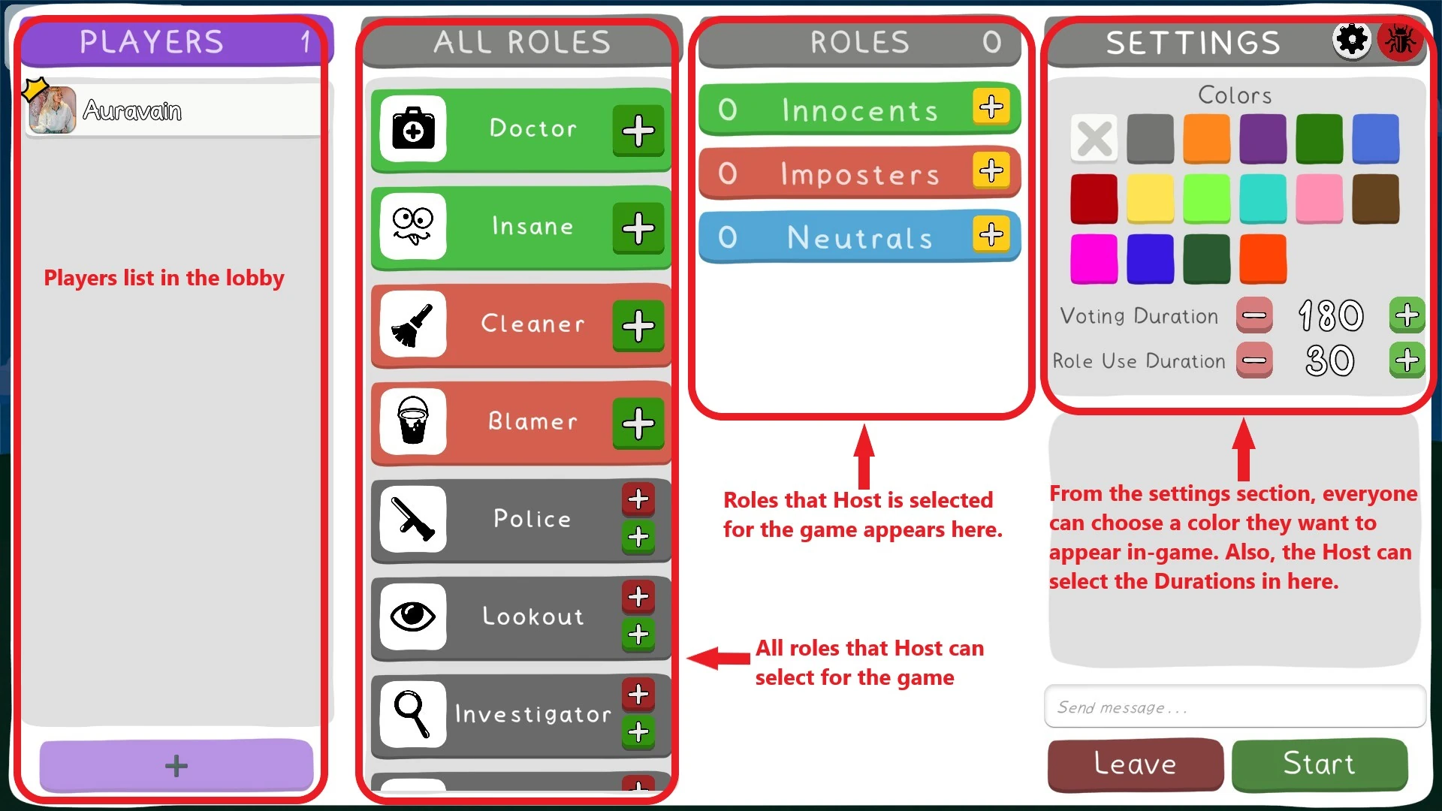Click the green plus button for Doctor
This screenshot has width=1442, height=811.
[x=638, y=131]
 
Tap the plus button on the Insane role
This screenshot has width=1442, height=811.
[x=638, y=228]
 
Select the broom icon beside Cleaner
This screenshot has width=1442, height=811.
[x=413, y=324]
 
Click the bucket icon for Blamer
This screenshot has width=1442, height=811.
[x=413, y=421]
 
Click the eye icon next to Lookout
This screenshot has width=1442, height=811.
[x=413, y=617]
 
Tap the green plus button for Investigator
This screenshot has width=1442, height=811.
[x=638, y=731]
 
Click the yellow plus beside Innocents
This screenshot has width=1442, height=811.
[x=991, y=107]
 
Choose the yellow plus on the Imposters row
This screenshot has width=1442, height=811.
[x=991, y=170]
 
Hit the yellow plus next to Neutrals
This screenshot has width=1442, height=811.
[x=991, y=234]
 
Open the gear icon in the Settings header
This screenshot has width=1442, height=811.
[x=1352, y=40]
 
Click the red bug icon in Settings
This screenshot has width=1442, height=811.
[x=1400, y=40]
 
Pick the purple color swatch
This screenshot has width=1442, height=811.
[x=1263, y=139]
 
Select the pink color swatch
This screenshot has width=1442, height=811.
[x=1319, y=199]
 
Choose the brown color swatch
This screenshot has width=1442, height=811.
[x=1375, y=199]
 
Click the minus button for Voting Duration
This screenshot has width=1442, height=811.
[x=1254, y=315]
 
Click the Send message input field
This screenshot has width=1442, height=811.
[x=1234, y=707]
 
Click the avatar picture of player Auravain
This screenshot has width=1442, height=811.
[x=53, y=110]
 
